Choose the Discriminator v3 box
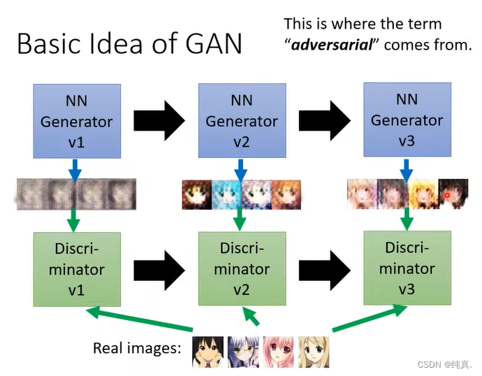pyautogui.click(x=407, y=268)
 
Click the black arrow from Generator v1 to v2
pyautogui.click(x=159, y=120)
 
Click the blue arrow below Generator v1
pyautogui.click(x=76, y=168)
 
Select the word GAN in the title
pyautogui.click(x=207, y=43)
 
